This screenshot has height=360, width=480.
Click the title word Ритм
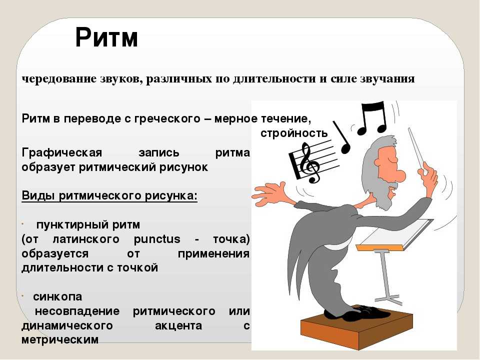pos(106,37)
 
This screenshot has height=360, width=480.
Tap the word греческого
pos(167,118)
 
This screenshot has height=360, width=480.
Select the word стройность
pos(294,133)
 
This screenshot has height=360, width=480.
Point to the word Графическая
pos(62,152)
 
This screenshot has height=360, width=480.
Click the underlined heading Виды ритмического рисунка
pos(109,196)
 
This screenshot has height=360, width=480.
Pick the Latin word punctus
pos(157,239)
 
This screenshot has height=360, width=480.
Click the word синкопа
pos(57,296)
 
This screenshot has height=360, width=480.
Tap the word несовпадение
pos(77,311)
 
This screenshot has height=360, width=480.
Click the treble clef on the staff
pos(309,163)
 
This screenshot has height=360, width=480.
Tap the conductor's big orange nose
pos(398,176)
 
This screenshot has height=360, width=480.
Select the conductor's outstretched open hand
pos(269,194)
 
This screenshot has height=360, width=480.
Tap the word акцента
pos(178,325)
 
